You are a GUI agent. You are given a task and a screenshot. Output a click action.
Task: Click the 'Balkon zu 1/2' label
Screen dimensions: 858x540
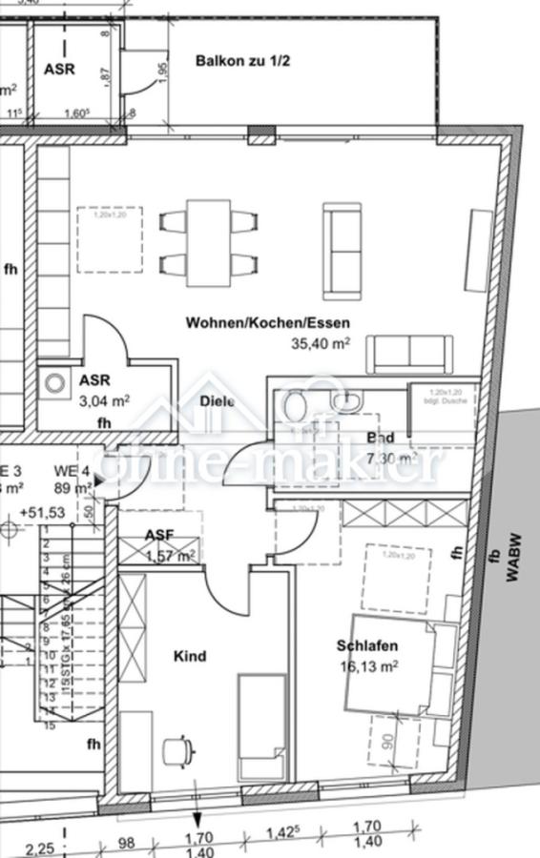pyautogui.click(x=242, y=61)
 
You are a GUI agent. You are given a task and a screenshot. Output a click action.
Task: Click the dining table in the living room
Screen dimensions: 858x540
pyautogui.click(x=208, y=242)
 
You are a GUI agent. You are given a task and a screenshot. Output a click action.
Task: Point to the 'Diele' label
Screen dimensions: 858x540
pyautogui.click(x=218, y=401)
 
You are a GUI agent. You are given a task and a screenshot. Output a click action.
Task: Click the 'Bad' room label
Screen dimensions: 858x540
pyautogui.click(x=380, y=439)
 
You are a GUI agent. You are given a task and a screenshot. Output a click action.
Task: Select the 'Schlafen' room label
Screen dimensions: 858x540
pyautogui.click(x=366, y=645)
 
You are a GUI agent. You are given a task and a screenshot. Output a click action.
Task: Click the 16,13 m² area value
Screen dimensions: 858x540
pyautogui.click(x=366, y=666)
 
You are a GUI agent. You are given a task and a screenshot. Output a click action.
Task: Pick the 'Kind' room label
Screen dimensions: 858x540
pyautogui.click(x=189, y=656)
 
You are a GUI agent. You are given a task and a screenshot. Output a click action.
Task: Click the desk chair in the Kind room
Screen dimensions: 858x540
pyautogui.click(x=176, y=751)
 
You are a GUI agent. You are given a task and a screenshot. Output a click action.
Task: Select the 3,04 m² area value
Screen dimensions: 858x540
pyautogui.click(x=104, y=400)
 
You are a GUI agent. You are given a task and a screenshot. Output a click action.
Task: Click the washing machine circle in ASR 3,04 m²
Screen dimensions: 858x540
pyautogui.click(x=55, y=383)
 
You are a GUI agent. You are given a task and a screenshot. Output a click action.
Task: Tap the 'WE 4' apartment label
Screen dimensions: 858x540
pyautogui.click(x=72, y=470)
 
